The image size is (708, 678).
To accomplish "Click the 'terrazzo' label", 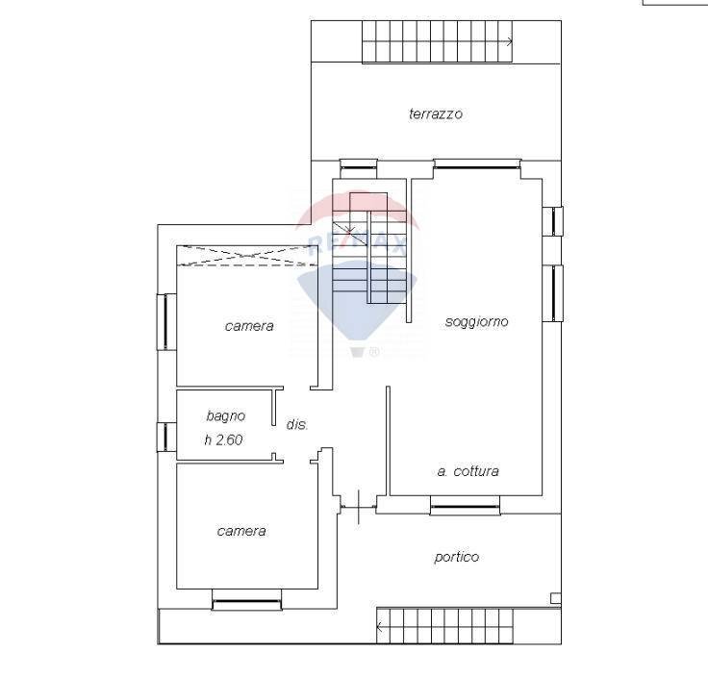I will tap(436, 113).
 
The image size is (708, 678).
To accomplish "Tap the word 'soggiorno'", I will tap(476, 321).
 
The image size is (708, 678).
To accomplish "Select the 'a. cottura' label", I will tap(468, 471).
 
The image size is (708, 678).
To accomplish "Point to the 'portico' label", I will tap(456, 557).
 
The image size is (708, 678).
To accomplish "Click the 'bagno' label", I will tap(226, 416).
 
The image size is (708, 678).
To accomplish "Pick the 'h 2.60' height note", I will tap(224, 440).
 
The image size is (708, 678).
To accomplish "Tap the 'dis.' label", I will tap(297, 424).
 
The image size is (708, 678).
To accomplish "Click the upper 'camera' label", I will tap(249, 326).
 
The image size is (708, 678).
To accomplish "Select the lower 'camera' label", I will tap(241, 531).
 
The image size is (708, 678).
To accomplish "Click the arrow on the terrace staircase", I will tap(507, 41).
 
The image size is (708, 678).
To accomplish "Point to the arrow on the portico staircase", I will tap(381, 629).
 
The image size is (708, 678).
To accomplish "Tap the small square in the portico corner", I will tap(555, 598).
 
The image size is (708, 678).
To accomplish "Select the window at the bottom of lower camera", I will tap(246, 603).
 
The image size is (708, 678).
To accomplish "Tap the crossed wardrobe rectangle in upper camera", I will tap(246, 255).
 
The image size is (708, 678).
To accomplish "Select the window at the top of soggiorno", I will tap(477, 163).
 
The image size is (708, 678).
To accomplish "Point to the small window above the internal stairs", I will tap(356, 163).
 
